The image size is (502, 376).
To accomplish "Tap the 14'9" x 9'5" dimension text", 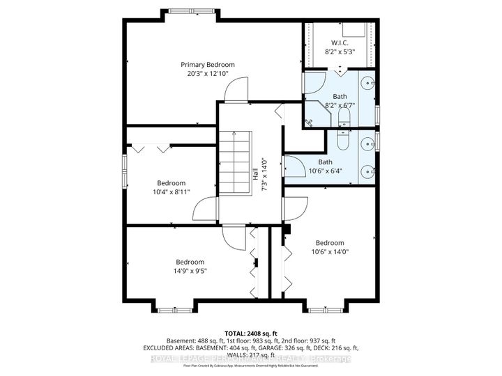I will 190,272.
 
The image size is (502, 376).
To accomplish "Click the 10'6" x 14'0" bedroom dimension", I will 329,253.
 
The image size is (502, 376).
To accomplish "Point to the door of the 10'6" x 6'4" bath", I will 291,168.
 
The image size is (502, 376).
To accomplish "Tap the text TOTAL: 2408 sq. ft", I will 250,334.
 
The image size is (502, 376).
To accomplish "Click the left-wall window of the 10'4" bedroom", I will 125,171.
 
